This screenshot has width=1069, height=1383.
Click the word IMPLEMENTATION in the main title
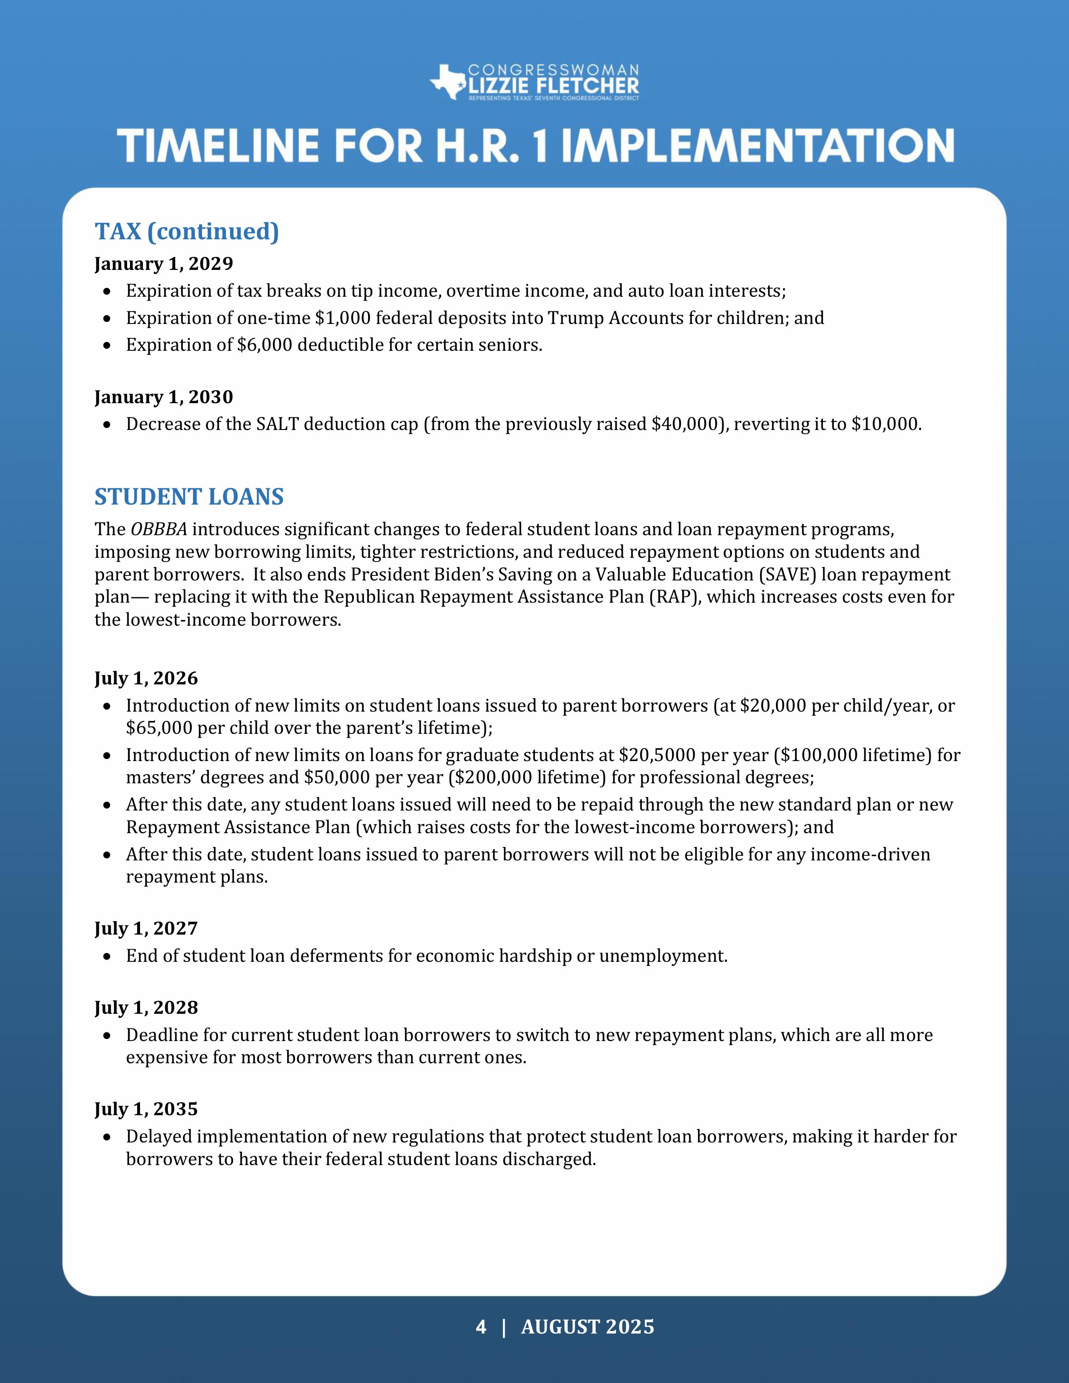(758, 146)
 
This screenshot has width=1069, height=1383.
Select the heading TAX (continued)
(187, 231)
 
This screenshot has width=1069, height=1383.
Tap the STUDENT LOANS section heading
(189, 497)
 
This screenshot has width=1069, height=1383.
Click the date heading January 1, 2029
(163, 264)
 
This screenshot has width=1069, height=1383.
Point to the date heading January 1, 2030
(163, 397)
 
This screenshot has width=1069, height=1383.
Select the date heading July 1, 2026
(146, 678)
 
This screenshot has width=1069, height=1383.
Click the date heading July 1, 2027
(146, 928)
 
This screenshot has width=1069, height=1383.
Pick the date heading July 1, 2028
(146, 1007)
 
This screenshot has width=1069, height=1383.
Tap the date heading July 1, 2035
(146, 1109)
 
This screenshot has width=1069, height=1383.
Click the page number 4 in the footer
(481, 1327)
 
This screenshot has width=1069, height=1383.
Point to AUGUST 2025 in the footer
(588, 1327)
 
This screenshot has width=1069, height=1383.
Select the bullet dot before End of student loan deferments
(108, 957)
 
